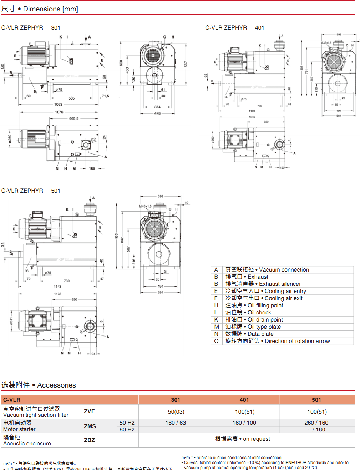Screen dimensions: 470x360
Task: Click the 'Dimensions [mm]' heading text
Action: (50, 9)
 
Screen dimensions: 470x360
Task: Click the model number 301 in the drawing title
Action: (56, 27)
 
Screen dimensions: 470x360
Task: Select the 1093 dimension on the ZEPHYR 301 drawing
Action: (58, 105)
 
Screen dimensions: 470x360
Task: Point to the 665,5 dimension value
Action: (74, 118)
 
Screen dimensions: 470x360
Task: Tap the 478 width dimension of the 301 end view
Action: (157, 113)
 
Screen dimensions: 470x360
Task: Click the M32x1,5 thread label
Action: (326, 43)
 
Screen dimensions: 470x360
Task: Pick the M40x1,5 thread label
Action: (145, 206)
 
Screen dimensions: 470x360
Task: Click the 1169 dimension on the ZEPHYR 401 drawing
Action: (252, 111)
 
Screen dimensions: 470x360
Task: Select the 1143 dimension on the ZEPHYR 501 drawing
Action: (57, 287)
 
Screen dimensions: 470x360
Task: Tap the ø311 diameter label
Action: (11, 321)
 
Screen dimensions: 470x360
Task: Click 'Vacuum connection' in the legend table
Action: (284, 270)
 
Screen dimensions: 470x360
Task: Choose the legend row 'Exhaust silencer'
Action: (280, 284)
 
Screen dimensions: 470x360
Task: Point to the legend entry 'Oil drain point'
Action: (265, 320)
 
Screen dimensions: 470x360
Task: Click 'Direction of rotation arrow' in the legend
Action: (297, 341)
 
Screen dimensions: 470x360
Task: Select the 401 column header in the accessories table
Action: (244, 400)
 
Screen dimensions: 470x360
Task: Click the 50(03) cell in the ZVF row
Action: (176, 412)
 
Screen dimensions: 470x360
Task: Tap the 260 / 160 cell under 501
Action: (316, 423)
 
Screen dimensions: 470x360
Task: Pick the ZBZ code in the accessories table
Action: (89, 440)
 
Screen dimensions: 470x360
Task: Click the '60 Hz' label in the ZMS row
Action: (127, 430)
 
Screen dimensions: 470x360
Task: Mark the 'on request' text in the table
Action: (257, 439)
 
